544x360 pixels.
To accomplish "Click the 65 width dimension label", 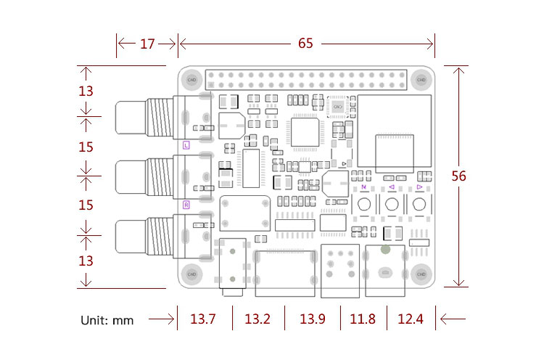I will pos(305,44).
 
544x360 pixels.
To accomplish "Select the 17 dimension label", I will pos(147,44).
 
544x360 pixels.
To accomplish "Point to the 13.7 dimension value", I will pos(203,319).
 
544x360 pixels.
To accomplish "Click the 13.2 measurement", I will pos(257,319).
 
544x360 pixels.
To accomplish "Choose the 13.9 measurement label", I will pos(313,319).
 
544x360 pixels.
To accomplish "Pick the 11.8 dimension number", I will pos(363,319).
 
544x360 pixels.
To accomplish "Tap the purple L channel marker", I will pos(186,145).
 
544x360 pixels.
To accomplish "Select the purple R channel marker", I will pos(186,205).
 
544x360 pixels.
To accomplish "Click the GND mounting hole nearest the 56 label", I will pos(421,78).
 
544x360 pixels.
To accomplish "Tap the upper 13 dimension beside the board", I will pos(86,91).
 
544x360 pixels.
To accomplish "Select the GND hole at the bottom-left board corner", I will pos(192,274).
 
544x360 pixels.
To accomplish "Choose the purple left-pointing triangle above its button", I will pos(392,187).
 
